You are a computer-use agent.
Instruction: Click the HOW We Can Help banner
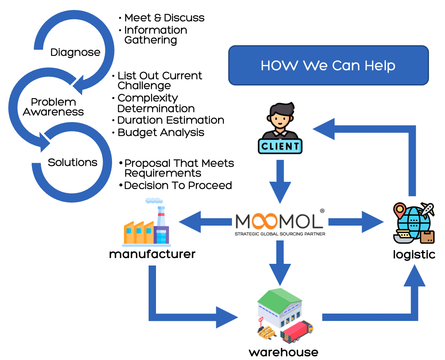point(328,65)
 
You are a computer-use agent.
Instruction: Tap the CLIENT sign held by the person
point(280,146)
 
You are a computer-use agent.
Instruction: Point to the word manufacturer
point(152,254)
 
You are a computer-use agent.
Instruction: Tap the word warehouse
point(283,352)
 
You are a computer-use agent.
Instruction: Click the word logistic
point(414,254)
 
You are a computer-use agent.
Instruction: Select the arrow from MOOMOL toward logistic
point(355,222)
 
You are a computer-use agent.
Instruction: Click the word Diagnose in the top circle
point(75,52)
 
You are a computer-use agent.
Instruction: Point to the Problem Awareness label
point(53,107)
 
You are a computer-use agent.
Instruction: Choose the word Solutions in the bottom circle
point(72,162)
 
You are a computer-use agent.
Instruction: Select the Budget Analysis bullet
point(161,132)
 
